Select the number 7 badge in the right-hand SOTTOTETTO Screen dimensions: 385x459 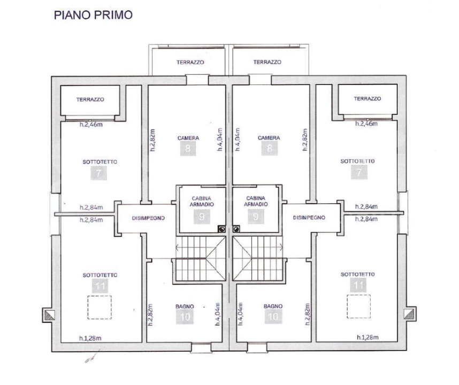[357, 172]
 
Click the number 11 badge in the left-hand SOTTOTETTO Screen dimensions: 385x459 [98, 286]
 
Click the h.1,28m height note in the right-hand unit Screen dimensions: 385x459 [367, 337]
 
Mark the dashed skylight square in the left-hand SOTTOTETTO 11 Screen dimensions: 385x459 [100, 307]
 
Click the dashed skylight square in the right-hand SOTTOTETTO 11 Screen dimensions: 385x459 [358, 307]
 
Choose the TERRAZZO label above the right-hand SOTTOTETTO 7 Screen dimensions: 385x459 [367, 99]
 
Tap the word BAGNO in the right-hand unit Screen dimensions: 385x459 [272, 306]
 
